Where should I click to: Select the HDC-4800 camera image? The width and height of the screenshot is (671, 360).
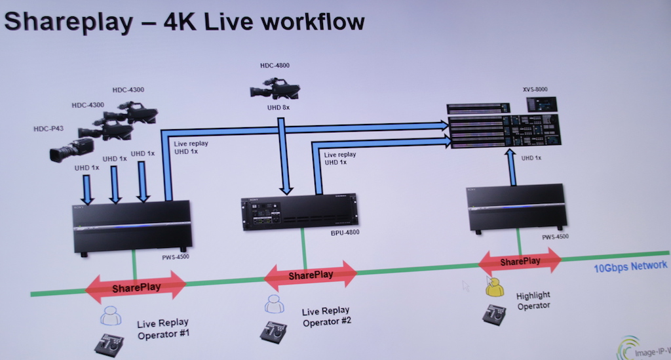[x=275, y=89]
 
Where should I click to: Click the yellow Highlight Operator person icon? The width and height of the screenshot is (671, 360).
[x=494, y=287]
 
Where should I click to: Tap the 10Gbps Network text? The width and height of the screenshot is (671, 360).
[x=630, y=266]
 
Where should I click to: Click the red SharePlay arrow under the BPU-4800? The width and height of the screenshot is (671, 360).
[x=311, y=275]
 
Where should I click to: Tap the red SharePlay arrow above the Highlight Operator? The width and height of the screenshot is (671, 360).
[x=520, y=261]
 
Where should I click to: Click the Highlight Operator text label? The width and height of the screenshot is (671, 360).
[x=533, y=300]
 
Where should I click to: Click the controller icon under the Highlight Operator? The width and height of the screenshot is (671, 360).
[x=494, y=314]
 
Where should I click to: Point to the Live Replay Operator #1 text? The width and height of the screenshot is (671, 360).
[x=163, y=328]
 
